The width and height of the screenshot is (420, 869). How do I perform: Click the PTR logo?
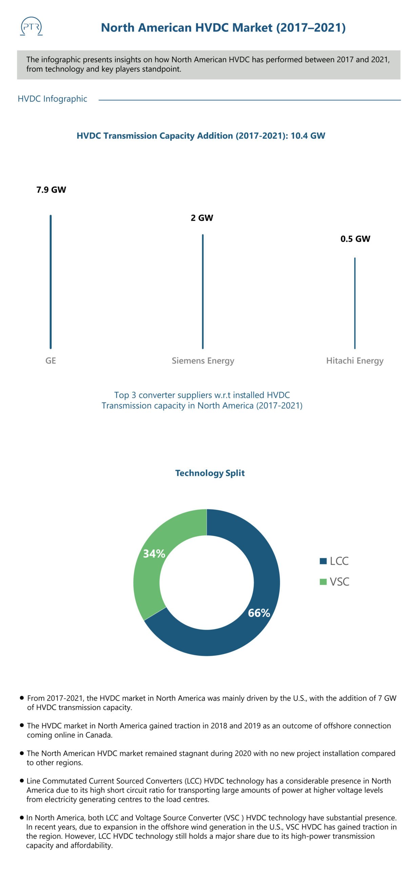pos(31,27)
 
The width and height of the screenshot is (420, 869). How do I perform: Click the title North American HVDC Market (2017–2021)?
pos(223,27)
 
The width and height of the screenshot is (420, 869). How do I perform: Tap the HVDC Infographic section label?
pos(52,99)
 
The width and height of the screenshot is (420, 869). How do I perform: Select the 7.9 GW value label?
pos(51,190)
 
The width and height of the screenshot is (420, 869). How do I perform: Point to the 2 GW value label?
pos(202,218)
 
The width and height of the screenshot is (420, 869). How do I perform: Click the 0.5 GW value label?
pos(355,239)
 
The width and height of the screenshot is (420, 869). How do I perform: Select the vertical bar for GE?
pos(51,282)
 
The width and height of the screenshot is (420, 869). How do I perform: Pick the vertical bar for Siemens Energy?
pos(203,291)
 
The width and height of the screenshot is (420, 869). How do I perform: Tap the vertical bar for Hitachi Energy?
pos(355,303)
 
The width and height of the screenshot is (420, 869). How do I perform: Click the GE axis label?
pos(51,360)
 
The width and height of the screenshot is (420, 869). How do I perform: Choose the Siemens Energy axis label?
pos(203,360)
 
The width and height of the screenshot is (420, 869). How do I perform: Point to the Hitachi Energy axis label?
pos(355,360)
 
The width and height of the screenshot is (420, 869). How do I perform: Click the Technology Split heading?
pos(210,473)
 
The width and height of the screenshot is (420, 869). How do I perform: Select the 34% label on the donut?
pos(154,554)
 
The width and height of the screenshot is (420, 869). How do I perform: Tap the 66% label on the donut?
pos(259,613)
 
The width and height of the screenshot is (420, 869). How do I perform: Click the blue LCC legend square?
pos(323,561)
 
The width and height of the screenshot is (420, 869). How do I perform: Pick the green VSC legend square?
pos(323,582)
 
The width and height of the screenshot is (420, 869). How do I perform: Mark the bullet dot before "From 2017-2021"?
pos(22,698)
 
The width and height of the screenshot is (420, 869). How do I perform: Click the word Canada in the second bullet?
pos(100,735)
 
